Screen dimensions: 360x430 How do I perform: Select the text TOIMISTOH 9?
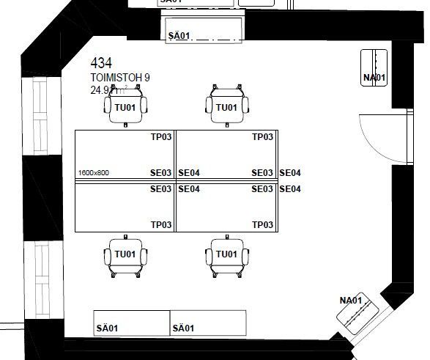pos(120,78)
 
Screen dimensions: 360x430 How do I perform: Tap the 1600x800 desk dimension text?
pos(93,174)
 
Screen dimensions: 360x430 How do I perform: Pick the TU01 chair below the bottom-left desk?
pos(125,254)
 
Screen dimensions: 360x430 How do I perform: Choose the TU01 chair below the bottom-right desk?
pos(226,254)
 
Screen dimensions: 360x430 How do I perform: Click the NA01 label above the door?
pos(374,77)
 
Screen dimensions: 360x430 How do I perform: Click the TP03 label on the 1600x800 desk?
pos(161,137)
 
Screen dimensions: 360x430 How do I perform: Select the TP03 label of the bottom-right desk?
pos(262,224)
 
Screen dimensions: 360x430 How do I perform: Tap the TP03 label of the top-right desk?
pos(262,137)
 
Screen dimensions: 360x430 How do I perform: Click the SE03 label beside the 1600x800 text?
pos(161,174)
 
